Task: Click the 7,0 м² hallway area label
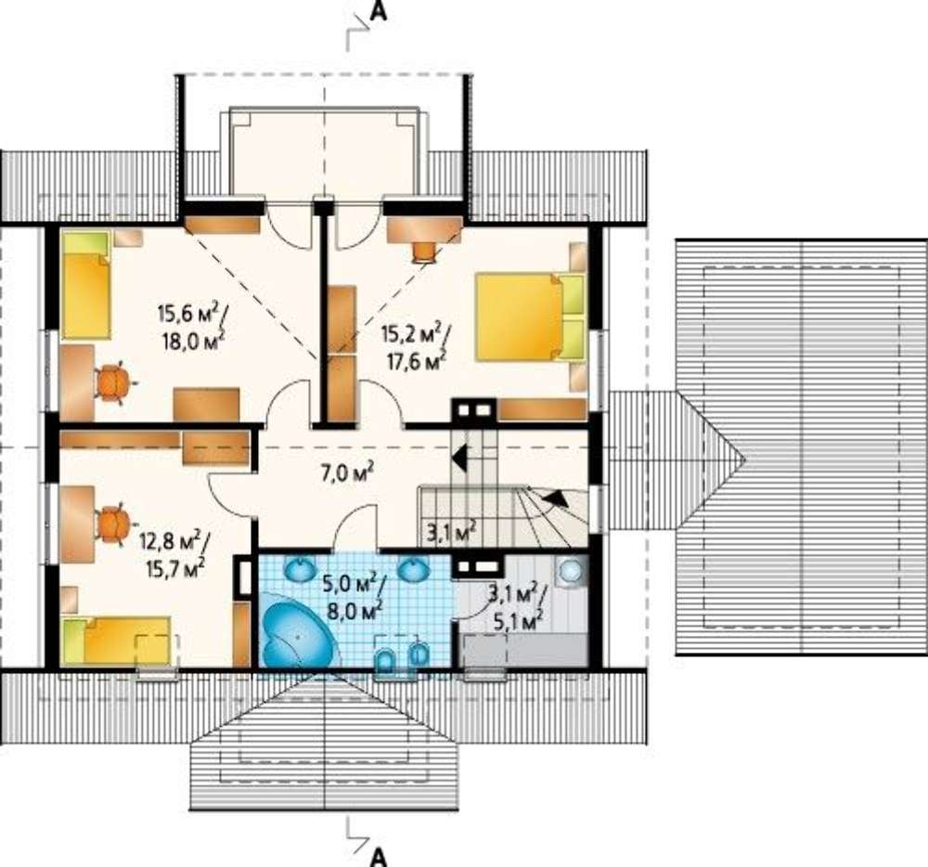pos(348,473)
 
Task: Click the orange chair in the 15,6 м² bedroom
pos(114,382)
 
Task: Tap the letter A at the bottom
pos(379,856)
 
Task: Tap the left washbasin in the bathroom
pos(302,569)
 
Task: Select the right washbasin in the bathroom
pos(413,569)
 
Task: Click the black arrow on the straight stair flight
pos(459,456)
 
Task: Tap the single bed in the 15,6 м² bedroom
pos(86,285)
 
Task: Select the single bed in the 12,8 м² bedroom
pos(117,641)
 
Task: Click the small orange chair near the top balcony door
pos(424,251)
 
